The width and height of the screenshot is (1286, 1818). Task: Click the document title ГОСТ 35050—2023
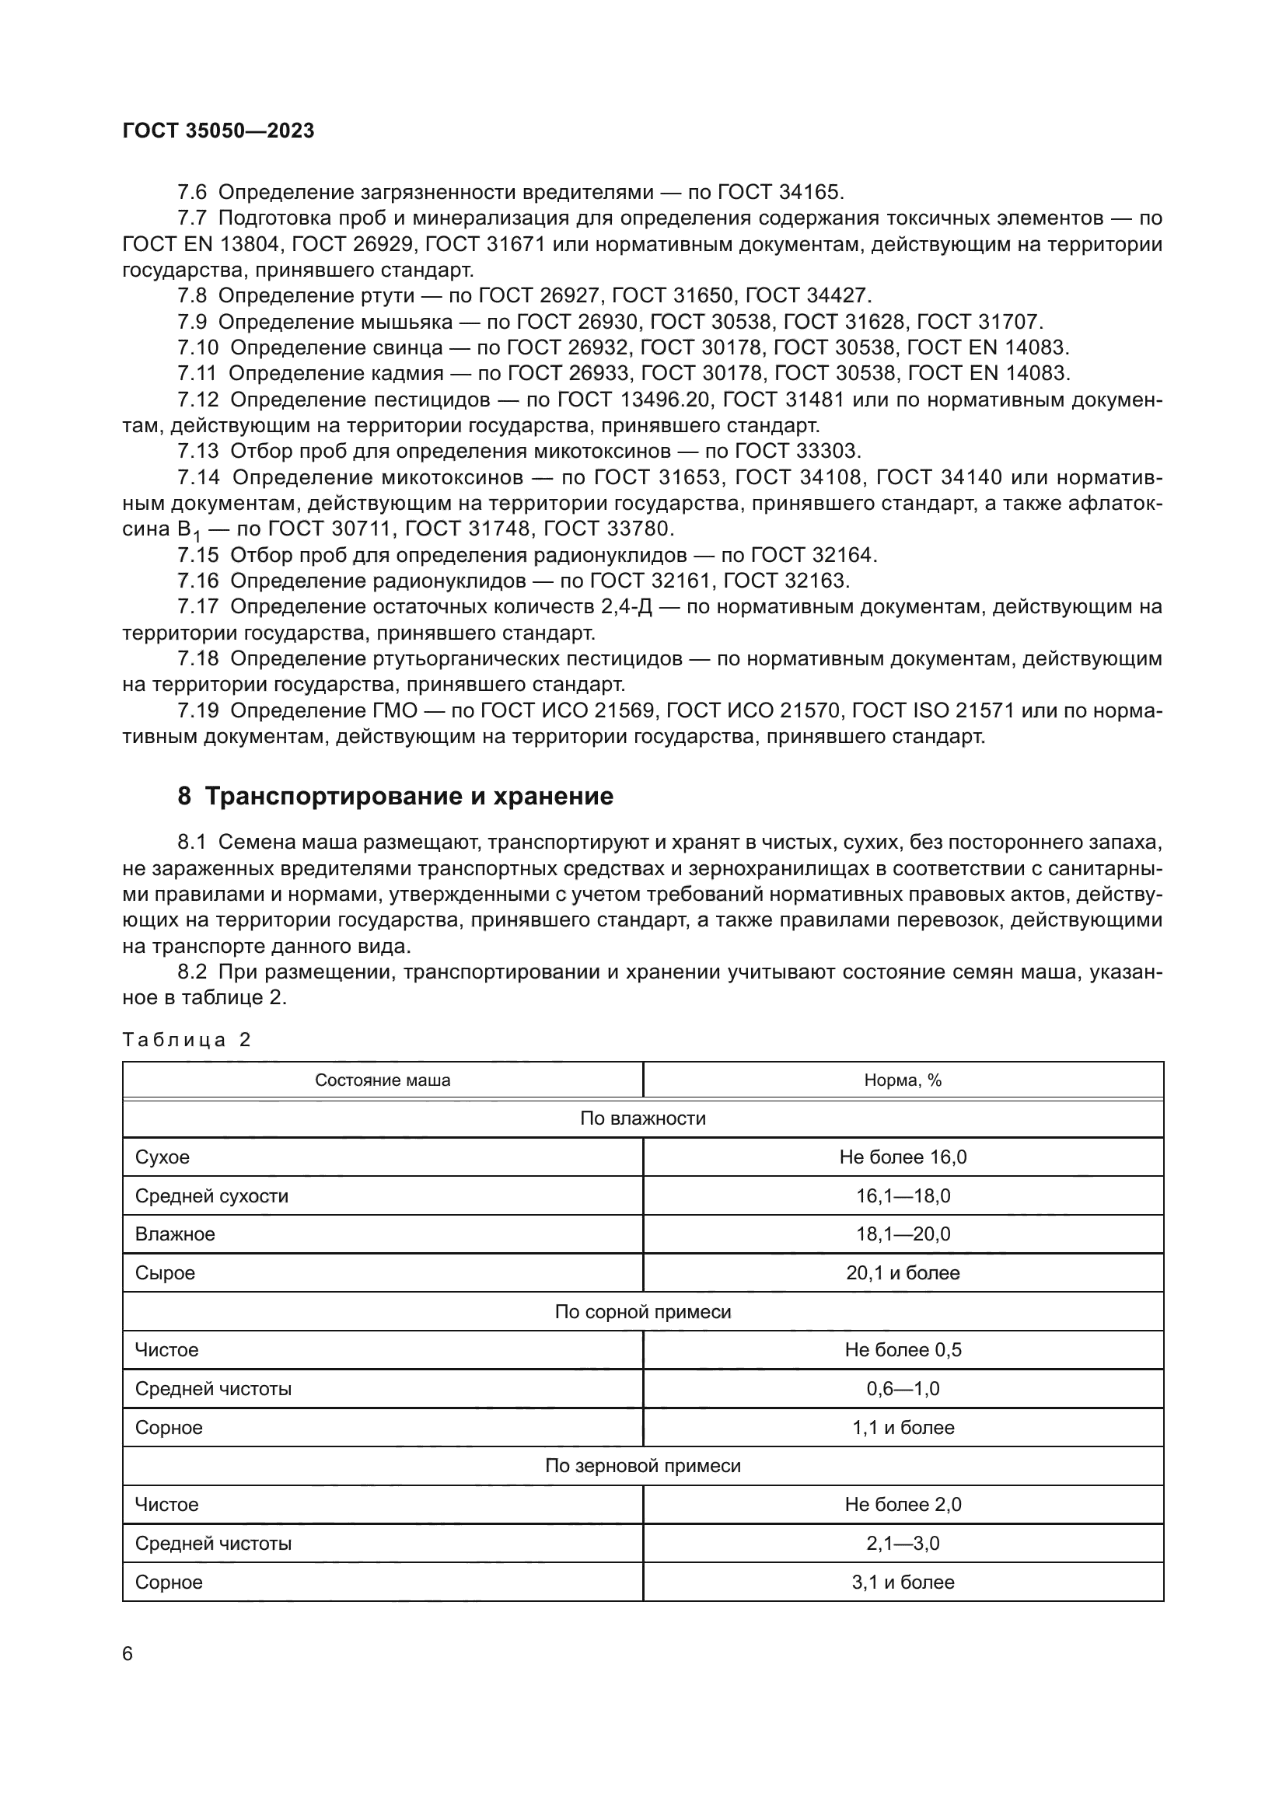coord(218,131)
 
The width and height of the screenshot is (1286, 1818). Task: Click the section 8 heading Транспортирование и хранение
coord(395,797)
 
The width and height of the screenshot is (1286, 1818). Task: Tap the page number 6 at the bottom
coord(128,1653)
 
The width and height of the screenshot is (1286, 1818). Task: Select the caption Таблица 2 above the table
coord(187,1040)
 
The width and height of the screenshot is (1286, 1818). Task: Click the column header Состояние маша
coord(383,1080)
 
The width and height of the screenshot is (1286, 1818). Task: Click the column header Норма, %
coord(903,1080)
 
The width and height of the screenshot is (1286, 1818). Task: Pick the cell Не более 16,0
coord(903,1157)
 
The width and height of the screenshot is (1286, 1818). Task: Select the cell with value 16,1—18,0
coord(903,1195)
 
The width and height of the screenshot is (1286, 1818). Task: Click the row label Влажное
coord(175,1234)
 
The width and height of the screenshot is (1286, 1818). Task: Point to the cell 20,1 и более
coord(903,1272)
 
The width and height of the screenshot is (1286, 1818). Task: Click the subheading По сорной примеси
coord(642,1311)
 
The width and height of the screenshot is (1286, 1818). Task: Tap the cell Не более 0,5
coord(903,1349)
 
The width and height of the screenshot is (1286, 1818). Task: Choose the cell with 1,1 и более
coord(903,1427)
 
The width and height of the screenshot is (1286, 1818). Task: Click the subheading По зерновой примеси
coord(642,1466)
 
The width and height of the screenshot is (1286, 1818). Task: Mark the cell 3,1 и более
coord(903,1582)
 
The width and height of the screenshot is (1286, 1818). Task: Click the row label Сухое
coord(162,1157)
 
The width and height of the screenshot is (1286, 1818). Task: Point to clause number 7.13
coord(198,452)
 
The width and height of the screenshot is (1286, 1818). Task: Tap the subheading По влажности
coord(642,1118)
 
